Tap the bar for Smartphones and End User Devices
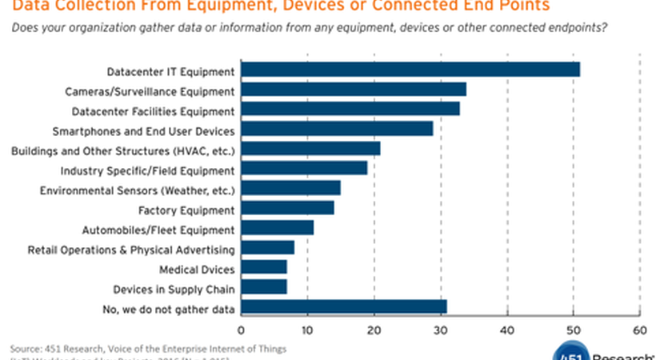coord(337,129)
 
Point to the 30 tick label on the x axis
coord(440,328)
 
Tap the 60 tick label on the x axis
coord(638,328)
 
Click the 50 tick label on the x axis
coord(572,328)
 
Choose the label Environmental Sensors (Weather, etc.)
coord(137,190)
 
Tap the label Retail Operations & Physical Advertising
coord(130,249)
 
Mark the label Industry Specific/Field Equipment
coord(147,170)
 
